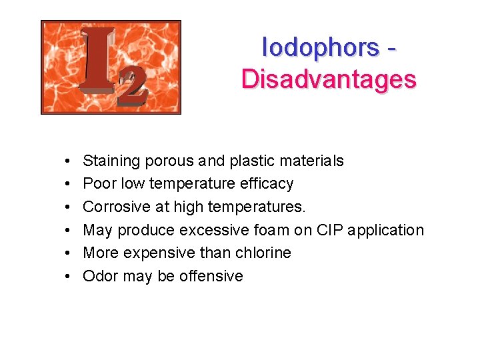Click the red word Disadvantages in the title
(x=329, y=79)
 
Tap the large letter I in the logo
(x=97, y=61)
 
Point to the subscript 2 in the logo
(x=132, y=89)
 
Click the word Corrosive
(x=117, y=207)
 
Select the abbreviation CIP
(x=329, y=230)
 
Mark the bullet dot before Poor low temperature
(x=69, y=184)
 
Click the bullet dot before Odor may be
(x=69, y=277)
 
